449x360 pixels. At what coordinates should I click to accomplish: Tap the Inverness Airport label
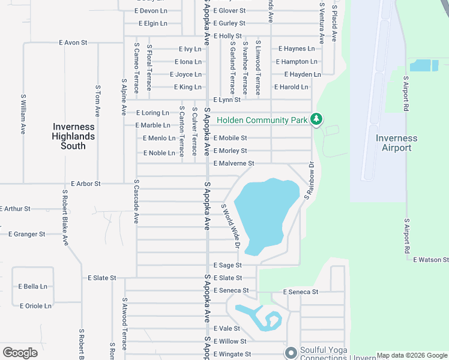[397, 143]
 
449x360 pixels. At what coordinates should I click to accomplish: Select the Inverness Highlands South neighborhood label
[73, 136]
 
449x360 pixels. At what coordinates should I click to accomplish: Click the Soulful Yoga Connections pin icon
[291, 352]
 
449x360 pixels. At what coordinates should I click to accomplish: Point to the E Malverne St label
[234, 163]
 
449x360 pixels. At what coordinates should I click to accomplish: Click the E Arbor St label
[86, 184]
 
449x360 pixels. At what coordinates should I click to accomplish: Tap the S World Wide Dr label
[231, 226]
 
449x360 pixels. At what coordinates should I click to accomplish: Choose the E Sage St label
[228, 265]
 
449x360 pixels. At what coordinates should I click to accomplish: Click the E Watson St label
[430, 260]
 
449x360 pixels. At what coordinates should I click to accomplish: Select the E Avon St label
[73, 43]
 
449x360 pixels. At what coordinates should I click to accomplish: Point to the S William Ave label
[23, 113]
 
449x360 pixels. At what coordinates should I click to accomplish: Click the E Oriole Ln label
[35, 306]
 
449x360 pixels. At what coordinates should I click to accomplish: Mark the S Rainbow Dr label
[309, 181]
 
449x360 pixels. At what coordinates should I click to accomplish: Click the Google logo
[20, 353]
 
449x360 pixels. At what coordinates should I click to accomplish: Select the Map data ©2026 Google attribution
[412, 355]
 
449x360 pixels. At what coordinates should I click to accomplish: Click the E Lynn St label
[227, 100]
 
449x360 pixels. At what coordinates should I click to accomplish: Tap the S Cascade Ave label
[137, 202]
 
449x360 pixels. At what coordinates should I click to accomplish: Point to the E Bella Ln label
[33, 287]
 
